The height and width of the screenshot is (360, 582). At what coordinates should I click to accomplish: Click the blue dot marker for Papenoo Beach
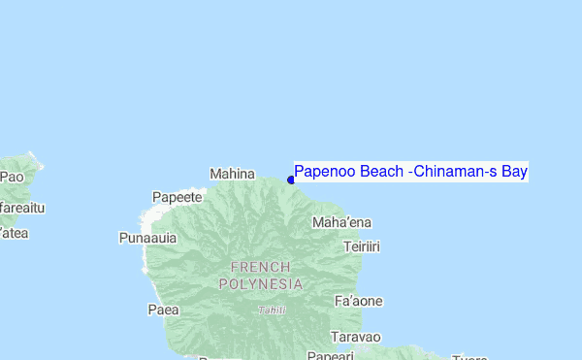[291, 180]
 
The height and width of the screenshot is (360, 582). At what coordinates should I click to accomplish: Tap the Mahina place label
[232, 174]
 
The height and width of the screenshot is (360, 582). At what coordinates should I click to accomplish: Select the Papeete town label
[178, 197]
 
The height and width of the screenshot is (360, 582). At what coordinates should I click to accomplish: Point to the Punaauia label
[147, 238]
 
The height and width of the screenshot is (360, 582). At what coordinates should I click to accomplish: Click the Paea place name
[164, 310]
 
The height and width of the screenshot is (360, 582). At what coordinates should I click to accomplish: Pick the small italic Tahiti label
[272, 311]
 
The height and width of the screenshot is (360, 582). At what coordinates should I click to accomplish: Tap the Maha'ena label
[341, 223]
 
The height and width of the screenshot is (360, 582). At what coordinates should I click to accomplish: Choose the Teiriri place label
[362, 247]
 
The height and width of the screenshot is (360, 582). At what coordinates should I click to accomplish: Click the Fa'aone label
[358, 302]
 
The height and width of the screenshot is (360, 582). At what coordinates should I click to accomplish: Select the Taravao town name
[356, 338]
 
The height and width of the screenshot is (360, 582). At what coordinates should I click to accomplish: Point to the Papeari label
[331, 356]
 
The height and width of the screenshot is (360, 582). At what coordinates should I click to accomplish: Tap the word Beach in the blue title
[382, 172]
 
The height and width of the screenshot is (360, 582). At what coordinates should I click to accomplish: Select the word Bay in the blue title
[514, 172]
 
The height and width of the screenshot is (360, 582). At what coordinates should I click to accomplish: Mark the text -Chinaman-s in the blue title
[454, 172]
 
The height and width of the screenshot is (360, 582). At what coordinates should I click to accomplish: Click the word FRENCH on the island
[260, 267]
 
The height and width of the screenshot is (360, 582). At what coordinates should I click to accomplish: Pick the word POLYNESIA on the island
[260, 284]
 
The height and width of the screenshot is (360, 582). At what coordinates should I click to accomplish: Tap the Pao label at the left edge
[12, 177]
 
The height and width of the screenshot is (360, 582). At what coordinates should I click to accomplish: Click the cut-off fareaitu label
[22, 208]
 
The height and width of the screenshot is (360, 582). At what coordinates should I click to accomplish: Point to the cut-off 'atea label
[14, 233]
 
